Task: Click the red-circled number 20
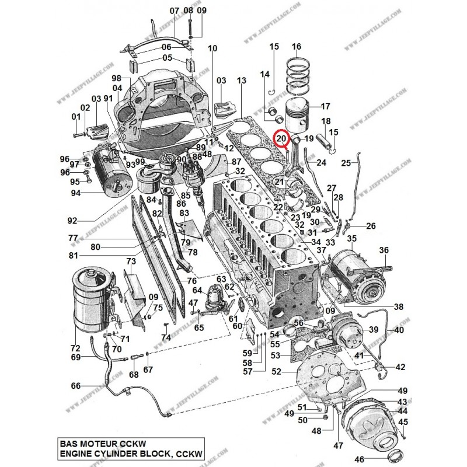(x=282, y=139)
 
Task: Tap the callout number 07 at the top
(x=175, y=11)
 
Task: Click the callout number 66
(x=75, y=386)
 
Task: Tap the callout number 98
(x=116, y=78)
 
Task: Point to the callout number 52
(x=276, y=371)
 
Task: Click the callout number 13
(x=242, y=80)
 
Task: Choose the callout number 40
(x=399, y=330)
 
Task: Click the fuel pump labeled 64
(x=210, y=304)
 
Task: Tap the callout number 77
(x=73, y=238)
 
